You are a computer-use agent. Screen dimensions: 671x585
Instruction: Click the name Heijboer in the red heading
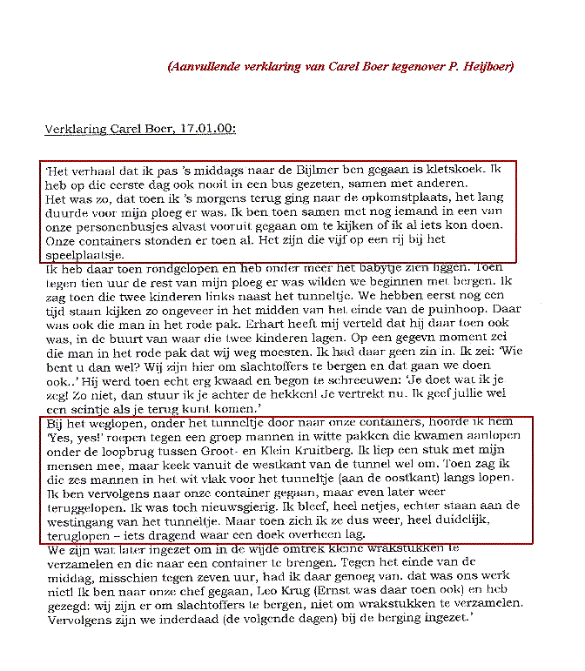483,66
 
